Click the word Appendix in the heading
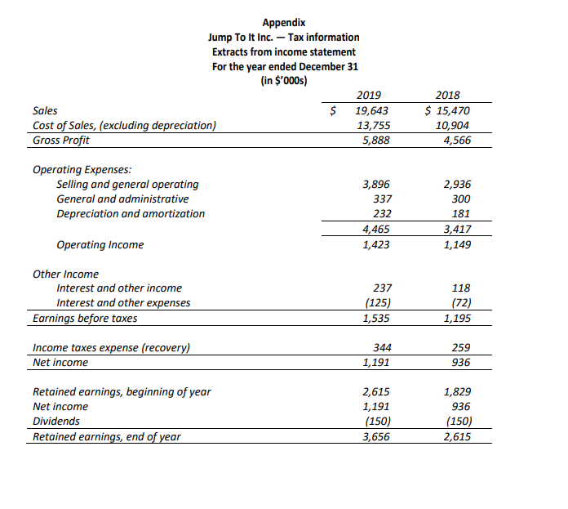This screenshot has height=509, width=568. [284, 23]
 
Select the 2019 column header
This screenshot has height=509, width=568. [371, 96]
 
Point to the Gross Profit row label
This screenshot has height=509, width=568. [61, 140]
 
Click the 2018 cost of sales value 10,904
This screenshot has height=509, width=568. [452, 125]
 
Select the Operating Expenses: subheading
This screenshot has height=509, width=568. [81, 170]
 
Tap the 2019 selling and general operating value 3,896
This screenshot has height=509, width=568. [376, 185]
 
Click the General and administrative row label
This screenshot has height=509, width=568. [122, 199]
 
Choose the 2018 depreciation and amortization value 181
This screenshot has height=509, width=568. [460, 214]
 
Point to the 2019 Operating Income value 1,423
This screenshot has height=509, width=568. [375, 244]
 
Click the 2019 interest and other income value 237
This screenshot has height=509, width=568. [381, 288]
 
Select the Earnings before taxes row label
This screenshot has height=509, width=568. [85, 318]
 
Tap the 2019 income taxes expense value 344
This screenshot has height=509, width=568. [381, 347]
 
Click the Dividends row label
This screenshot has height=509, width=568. [56, 421]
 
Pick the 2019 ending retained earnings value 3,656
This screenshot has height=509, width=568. [375, 436]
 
